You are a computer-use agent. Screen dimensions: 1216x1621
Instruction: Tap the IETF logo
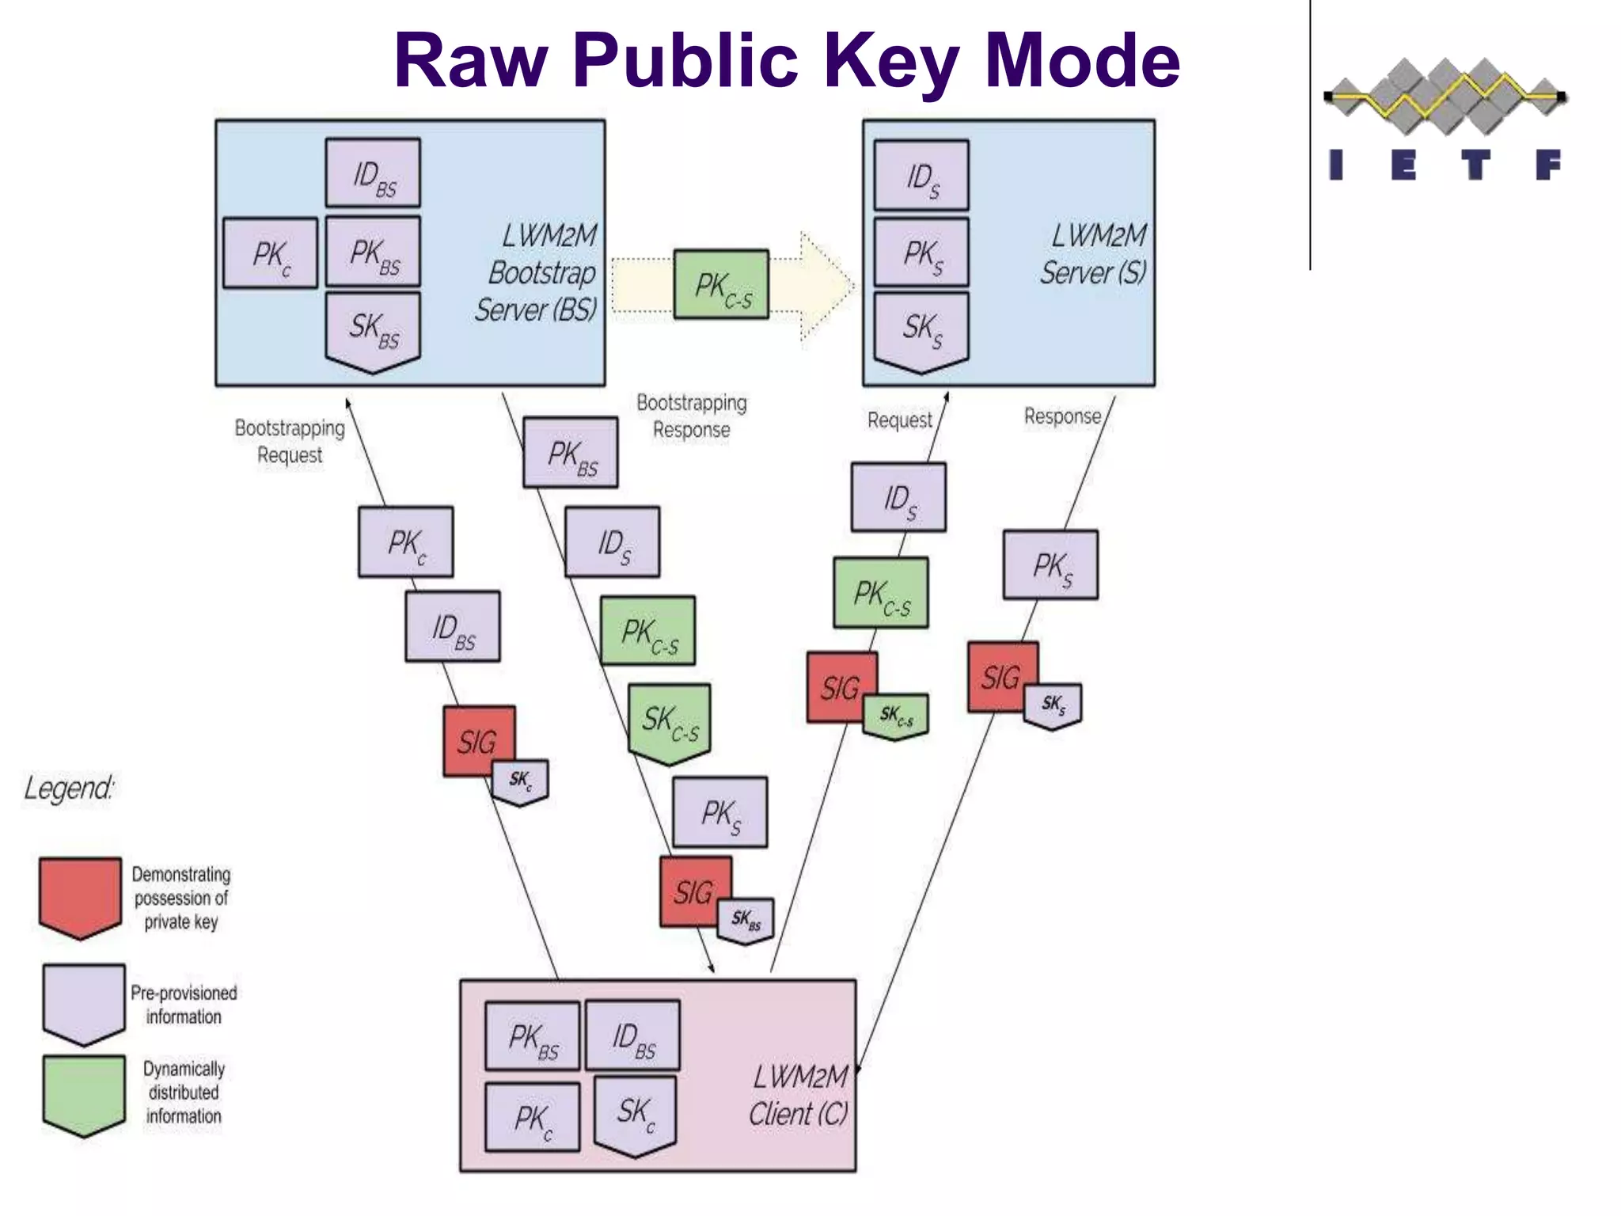pos(1445,119)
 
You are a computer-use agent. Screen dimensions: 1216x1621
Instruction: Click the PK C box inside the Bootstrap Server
pos(271,253)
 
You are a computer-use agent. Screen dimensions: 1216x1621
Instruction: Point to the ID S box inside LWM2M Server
pos(921,176)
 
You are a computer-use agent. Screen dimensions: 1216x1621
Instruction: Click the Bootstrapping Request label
pos(290,441)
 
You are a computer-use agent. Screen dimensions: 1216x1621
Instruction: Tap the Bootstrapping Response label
pos(692,416)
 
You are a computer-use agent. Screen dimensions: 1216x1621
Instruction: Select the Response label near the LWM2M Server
pos(1062,416)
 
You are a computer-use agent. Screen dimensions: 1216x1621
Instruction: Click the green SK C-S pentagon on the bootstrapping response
pos(670,721)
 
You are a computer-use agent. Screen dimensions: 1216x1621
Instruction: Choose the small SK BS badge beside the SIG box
pos(746,920)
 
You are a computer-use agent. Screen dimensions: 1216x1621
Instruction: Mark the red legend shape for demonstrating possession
pos(81,896)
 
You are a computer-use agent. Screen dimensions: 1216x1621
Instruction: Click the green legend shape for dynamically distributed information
pos(84,1094)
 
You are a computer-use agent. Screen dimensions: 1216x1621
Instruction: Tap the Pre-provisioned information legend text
pos(184,1005)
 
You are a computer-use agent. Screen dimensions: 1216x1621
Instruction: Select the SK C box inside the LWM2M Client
pos(636,1112)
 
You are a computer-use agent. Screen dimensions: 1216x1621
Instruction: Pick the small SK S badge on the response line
pos(1053,705)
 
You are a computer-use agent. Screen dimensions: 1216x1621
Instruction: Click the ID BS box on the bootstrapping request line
pos(453,626)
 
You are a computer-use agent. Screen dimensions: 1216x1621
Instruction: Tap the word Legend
pos(69,788)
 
